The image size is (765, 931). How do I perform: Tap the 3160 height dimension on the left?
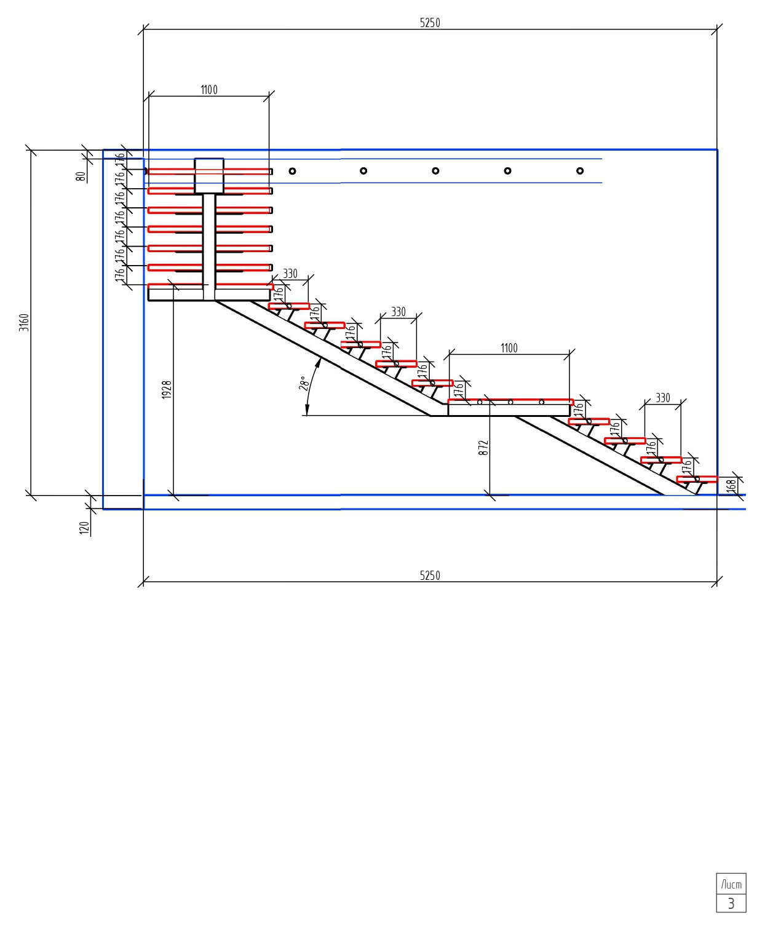coord(24,322)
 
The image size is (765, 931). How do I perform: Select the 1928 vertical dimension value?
coord(167,390)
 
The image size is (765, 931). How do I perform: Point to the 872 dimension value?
coord(483,448)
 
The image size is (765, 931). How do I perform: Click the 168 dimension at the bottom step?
coord(731,485)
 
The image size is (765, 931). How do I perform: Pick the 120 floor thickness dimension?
coord(84,528)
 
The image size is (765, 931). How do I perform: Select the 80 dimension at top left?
coord(81,176)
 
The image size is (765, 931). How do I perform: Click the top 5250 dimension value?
coord(429,23)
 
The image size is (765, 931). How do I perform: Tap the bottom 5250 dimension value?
coord(429,575)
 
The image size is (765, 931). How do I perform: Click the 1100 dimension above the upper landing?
coord(209,90)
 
